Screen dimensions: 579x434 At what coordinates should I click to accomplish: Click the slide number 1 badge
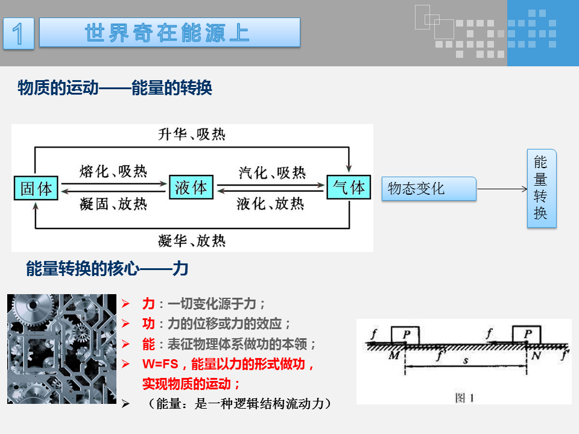[19, 33]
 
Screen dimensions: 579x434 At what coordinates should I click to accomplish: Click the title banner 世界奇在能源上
[169, 33]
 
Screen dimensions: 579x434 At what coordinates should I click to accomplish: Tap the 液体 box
[191, 187]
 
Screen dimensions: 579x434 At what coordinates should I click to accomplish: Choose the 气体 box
[349, 187]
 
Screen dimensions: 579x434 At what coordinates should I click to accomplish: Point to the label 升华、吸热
[192, 134]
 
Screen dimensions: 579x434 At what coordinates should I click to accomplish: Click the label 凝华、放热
[192, 241]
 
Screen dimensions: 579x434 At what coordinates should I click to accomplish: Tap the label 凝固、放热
[113, 204]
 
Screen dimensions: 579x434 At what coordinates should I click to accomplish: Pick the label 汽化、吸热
[271, 172]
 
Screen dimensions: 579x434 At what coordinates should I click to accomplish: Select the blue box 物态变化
[429, 189]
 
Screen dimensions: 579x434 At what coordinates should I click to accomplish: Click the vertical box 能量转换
[541, 188]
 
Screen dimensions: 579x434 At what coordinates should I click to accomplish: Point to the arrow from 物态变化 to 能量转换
[502, 189]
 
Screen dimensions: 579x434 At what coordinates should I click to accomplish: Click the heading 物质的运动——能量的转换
[115, 89]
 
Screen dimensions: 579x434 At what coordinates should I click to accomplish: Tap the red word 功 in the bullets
[148, 324]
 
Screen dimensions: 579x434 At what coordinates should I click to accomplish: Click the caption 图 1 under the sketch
[464, 397]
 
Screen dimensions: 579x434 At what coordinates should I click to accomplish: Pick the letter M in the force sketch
[394, 355]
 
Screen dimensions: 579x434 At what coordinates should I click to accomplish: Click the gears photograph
[62, 349]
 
